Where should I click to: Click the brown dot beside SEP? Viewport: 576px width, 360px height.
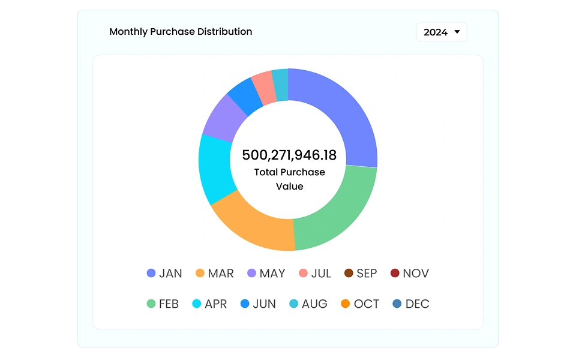349,274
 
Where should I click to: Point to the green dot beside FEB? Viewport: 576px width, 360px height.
151,304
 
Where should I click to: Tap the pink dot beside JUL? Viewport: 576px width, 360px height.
303,274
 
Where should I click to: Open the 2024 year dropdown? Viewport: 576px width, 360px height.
442,32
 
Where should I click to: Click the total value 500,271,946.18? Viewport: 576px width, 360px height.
289,155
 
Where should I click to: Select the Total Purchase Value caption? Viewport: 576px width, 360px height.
289,179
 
